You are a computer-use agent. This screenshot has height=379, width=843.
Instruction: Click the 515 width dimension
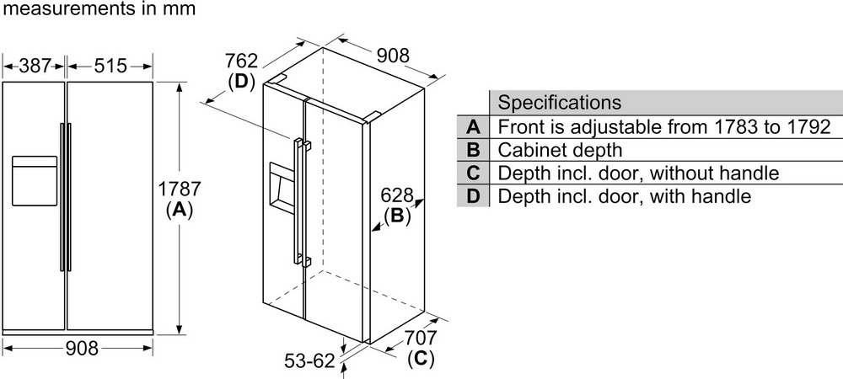pos(109,65)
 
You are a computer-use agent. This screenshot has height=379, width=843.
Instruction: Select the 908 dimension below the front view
pos(82,348)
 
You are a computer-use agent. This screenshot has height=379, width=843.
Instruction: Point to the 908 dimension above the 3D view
pos(392,56)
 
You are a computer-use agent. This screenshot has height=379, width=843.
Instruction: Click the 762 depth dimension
pos(241,61)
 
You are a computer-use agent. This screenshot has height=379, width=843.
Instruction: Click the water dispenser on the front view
pos(34,179)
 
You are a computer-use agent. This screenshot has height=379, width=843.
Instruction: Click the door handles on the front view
pos(65,197)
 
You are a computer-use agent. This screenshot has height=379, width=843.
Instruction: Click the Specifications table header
pos(560,103)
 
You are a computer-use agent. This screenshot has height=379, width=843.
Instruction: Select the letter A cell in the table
pos(473,127)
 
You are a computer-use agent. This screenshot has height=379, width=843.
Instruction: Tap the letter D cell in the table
pos(473,197)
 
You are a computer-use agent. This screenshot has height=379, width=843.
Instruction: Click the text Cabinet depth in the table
pos(560,151)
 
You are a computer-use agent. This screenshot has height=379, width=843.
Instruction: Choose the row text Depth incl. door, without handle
pos(637,173)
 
